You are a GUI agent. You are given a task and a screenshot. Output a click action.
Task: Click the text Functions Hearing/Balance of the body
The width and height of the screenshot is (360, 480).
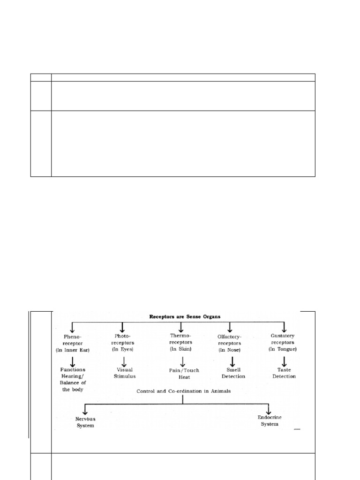(73, 376)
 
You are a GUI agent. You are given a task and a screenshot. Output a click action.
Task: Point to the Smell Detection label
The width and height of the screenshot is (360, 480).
(233, 373)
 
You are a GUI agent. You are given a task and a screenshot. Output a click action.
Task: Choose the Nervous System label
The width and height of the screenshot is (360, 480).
(85, 422)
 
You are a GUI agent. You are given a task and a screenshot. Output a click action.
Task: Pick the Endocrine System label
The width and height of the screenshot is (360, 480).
(269, 420)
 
